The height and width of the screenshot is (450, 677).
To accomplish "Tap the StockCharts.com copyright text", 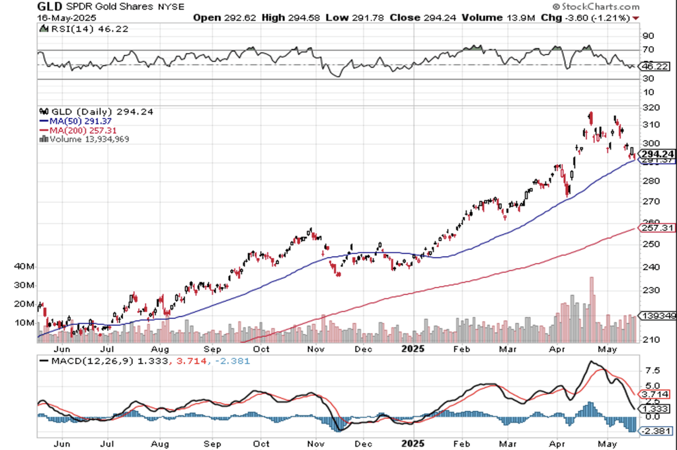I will (x=594, y=5).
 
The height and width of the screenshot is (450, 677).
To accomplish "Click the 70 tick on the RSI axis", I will (x=649, y=50).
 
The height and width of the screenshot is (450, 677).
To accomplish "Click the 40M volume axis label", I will (x=24, y=267).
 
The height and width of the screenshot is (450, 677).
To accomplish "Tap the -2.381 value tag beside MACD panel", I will (x=656, y=431).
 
